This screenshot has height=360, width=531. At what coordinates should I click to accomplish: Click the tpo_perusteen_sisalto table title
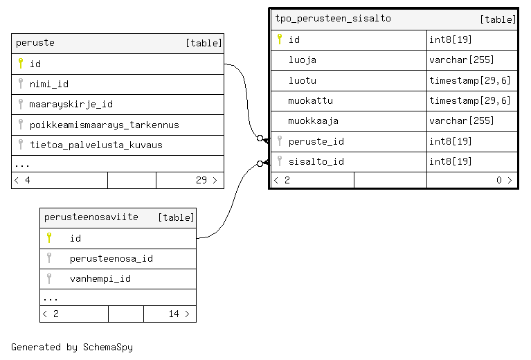(x=333, y=19)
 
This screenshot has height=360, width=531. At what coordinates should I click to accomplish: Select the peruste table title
(x=35, y=43)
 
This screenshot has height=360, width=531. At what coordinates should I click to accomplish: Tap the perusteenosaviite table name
(x=91, y=217)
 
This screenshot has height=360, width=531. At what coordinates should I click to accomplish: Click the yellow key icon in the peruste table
(x=21, y=63)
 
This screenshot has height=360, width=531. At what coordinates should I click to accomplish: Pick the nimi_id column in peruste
(x=48, y=84)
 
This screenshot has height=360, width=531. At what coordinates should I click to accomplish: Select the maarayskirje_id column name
(x=71, y=105)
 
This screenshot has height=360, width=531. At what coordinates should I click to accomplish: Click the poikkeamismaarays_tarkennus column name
(x=104, y=125)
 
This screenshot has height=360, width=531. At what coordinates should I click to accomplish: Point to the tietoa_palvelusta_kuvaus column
(x=96, y=145)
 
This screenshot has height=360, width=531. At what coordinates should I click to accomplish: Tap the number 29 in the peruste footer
(x=201, y=180)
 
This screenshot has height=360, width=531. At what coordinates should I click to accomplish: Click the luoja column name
(x=302, y=60)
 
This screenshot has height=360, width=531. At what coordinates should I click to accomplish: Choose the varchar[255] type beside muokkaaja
(x=461, y=120)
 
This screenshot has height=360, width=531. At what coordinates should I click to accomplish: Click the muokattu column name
(x=310, y=100)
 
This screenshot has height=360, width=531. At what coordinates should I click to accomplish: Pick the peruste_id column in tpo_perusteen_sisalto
(x=316, y=141)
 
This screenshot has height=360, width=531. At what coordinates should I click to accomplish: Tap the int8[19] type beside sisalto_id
(x=450, y=161)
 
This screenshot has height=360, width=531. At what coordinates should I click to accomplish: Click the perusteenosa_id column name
(x=111, y=259)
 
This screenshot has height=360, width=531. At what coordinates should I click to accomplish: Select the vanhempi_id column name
(x=100, y=279)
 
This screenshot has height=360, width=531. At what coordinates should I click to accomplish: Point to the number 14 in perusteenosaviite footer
(x=174, y=314)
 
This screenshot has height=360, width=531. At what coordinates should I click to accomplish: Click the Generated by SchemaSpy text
(x=72, y=347)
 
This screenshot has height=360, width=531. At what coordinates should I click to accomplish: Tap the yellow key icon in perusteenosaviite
(x=49, y=237)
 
